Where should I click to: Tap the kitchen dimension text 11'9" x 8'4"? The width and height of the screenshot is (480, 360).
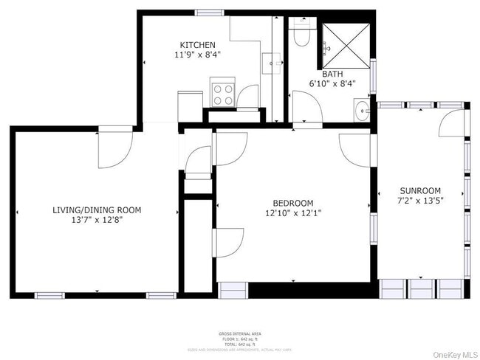pyautogui.click(x=196, y=55)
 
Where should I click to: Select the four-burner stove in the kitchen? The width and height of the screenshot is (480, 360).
pyautogui.click(x=223, y=94)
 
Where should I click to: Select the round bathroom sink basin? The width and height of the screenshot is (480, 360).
pyautogui.click(x=362, y=112)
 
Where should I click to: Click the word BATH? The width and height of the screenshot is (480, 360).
pyautogui.click(x=332, y=74)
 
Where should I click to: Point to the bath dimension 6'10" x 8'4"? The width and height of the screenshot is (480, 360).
pyautogui.click(x=332, y=83)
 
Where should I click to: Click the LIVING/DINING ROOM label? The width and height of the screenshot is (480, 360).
pyautogui.click(x=97, y=210)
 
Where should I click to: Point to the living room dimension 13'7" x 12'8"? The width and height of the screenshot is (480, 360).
pyautogui.click(x=97, y=220)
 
